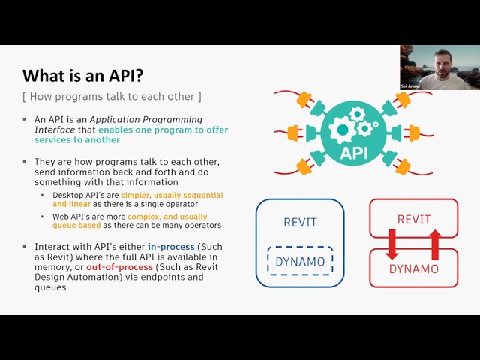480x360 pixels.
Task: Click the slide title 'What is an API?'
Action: (82, 75)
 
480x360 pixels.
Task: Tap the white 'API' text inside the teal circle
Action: (355, 154)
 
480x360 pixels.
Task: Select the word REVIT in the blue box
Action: (300, 222)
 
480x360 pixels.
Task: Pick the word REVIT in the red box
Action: (413, 220)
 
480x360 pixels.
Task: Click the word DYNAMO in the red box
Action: (413, 268)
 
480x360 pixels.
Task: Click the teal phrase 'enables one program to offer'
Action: (163, 130)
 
